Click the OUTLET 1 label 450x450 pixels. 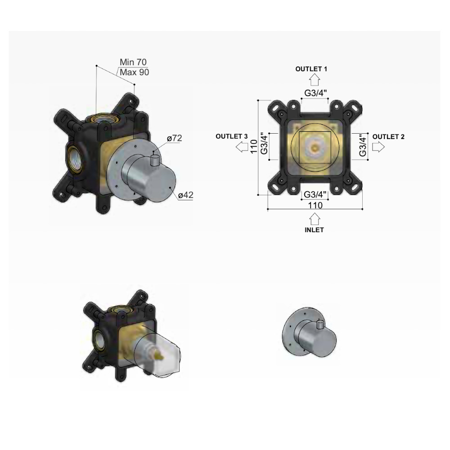(x=311, y=69)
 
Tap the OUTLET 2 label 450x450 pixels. (x=388, y=137)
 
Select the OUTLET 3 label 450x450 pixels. (x=232, y=136)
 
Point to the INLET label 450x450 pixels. (x=314, y=230)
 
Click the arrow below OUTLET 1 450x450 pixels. (x=315, y=80)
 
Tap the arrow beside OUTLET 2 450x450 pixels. (x=378, y=147)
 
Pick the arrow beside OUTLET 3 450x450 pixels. (x=242, y=147)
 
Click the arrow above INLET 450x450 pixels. (x=315, y=219)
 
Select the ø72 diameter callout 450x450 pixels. (x=175, y=138)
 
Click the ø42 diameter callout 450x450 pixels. (x=186, y=195)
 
